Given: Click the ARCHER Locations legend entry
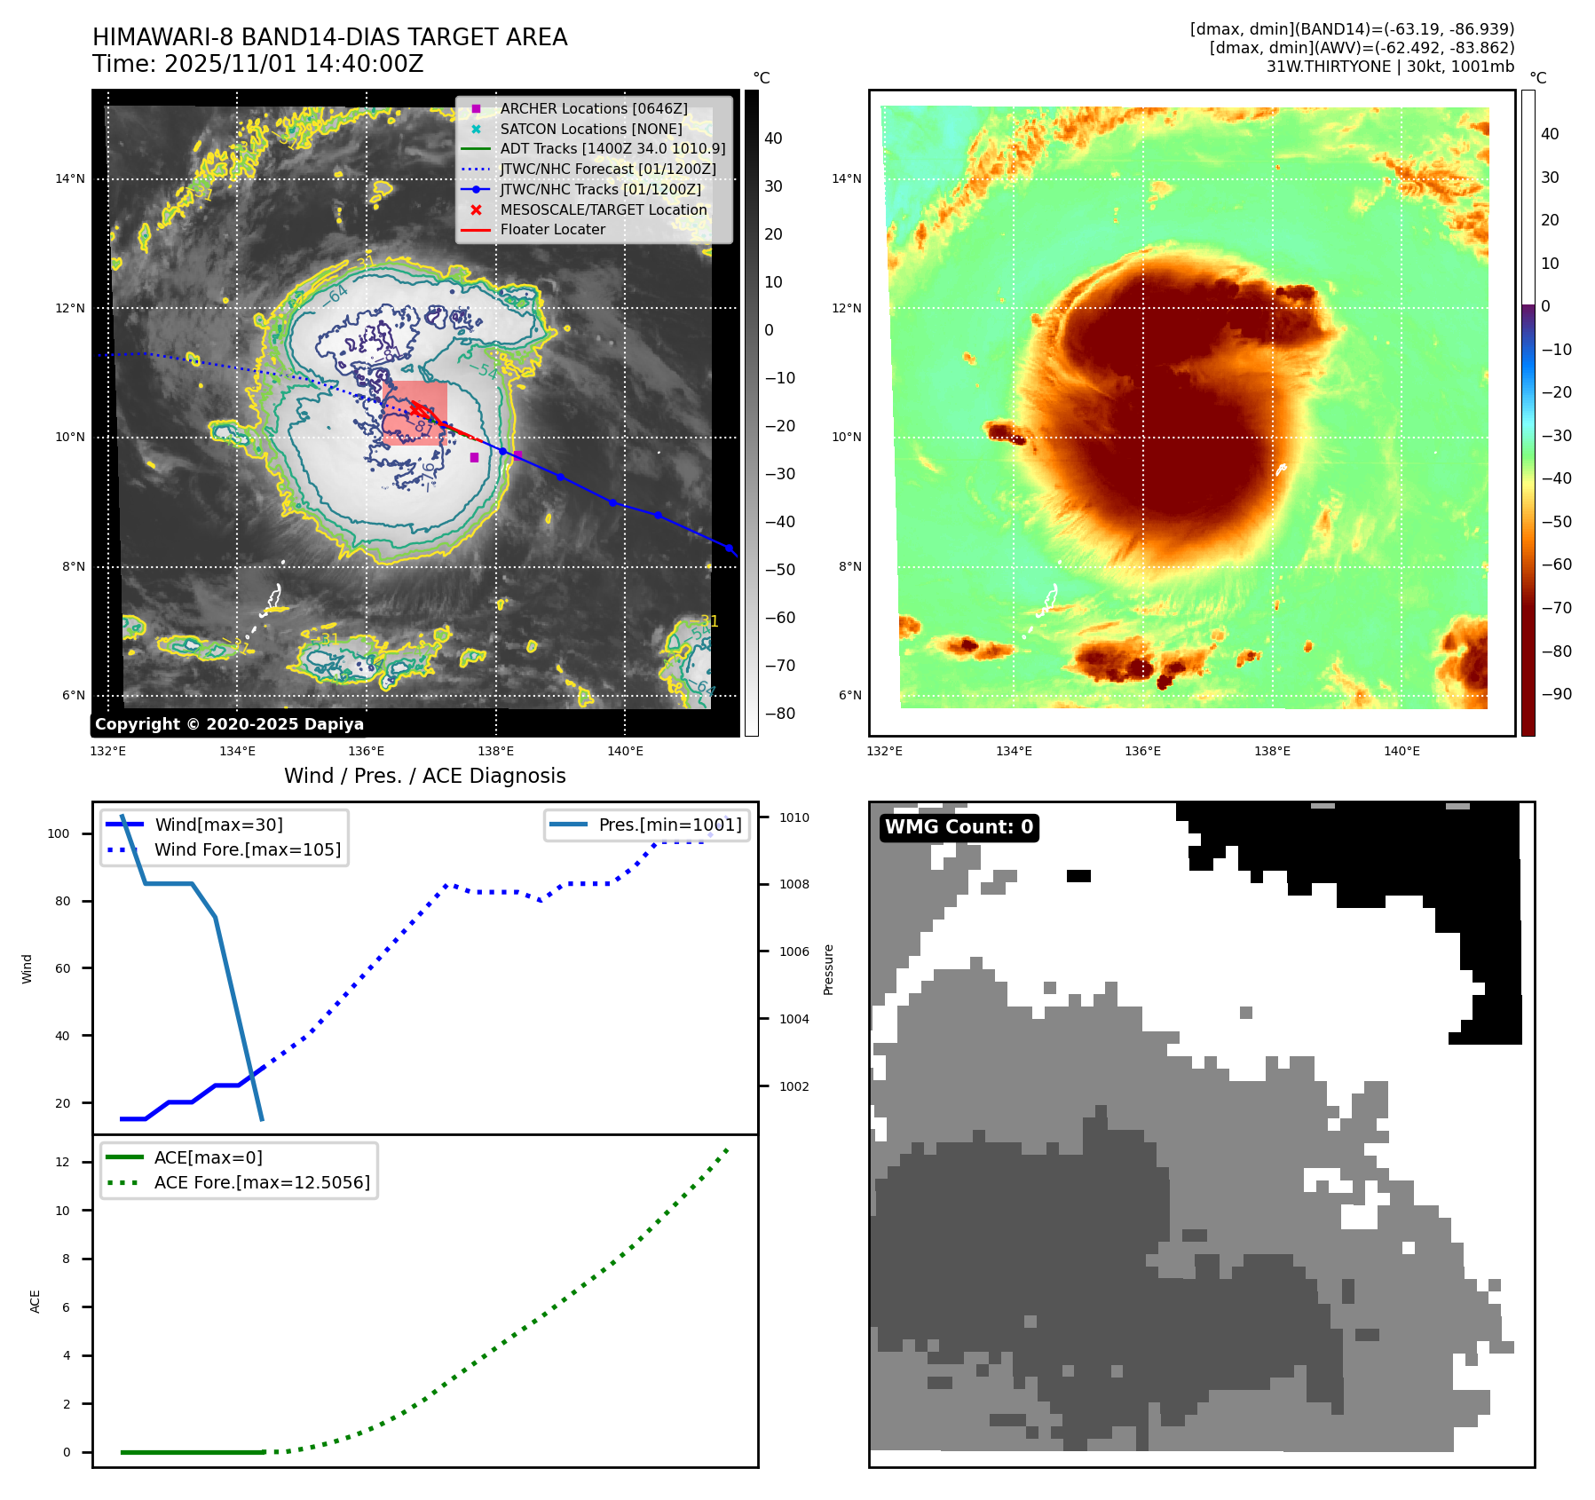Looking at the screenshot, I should click(593, 108).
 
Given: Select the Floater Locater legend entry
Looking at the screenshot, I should click(552, 229).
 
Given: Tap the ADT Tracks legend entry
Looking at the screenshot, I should click(612, 148).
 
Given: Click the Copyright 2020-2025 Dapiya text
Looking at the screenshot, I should click(229, 724).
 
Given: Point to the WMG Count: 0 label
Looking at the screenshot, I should click(959, 827).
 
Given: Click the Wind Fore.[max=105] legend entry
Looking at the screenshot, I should click(247, 849).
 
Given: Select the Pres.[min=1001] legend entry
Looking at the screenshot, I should click(669, 825).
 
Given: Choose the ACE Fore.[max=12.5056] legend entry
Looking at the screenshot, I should click(262, 1182).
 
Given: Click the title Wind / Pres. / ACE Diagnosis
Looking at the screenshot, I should click(424, 776).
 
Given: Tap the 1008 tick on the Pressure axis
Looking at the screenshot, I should click(794, 884).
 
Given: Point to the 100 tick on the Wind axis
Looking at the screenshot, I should click(59, 833).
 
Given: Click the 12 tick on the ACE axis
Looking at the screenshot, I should click(62, 1162).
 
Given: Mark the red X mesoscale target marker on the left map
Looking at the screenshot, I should click(415, 409).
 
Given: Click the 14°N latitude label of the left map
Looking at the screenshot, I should click(70, 178).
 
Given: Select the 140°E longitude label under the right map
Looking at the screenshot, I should click(1402, 751).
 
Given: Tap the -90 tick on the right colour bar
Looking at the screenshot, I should click(1556, 694).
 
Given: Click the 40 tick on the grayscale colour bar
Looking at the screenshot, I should click(773, 138).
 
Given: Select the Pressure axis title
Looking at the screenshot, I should click(828, 969).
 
